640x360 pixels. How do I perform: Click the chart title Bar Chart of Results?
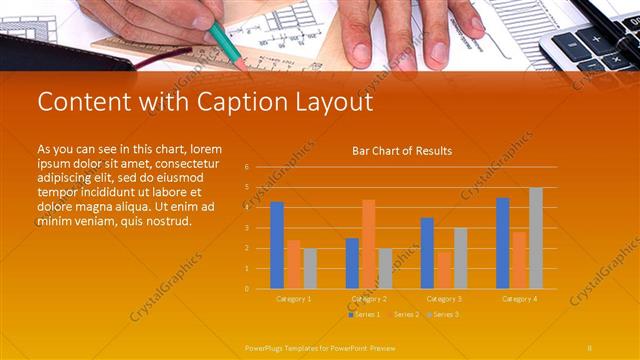coord(402,151)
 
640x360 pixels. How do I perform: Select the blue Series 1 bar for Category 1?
coord(277,245)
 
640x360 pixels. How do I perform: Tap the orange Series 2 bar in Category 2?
coord(369,244)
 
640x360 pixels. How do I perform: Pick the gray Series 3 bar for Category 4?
coord(536,238)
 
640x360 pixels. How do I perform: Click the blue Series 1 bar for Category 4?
coord(502,243)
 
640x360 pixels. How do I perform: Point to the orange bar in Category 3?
coord(444,270)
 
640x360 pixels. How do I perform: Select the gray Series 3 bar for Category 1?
coord(310,268)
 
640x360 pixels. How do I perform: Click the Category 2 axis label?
coord(369,299)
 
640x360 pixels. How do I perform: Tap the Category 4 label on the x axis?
coord(519,299)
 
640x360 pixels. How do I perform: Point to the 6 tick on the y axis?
coord(247,166)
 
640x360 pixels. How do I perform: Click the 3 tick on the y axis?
coord(247,228)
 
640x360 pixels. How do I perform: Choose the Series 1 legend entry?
coord(365,314)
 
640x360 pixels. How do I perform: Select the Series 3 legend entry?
coord(444,314)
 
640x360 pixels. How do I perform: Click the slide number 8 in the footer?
coord(590,347)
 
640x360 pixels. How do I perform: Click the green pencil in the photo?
coord(230,44)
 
